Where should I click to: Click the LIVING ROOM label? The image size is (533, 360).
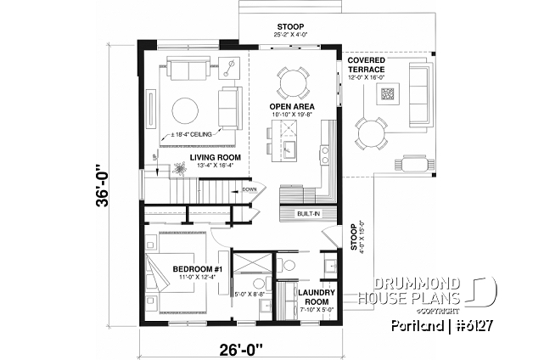tap(215, 157)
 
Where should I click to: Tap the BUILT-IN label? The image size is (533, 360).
tap(308, 214)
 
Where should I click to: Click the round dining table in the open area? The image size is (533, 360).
tap(291, 83)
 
